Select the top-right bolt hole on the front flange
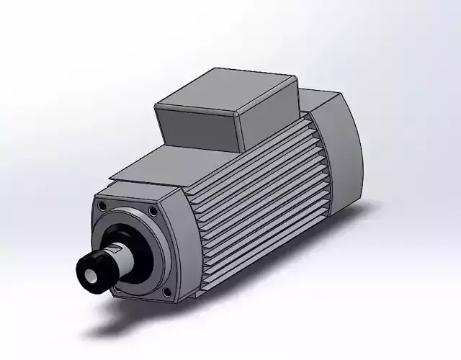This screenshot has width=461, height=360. tap(153, 211)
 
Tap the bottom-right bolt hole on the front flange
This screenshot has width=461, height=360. tap(167, 292)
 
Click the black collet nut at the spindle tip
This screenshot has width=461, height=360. tap(95, 271)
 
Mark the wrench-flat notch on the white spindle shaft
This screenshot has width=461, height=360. tap(115, 251)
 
